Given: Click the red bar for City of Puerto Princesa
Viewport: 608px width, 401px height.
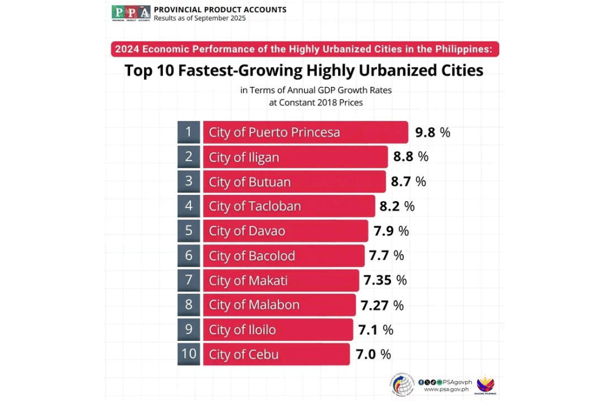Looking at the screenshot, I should (305, 132).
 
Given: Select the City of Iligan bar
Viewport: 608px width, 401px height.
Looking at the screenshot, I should (295, 157).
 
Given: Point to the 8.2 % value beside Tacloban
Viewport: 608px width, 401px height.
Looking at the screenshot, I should (397, 207).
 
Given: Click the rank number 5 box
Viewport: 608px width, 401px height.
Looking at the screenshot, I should (189, 231).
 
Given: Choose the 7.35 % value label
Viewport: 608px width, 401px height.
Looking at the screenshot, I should (385, 281).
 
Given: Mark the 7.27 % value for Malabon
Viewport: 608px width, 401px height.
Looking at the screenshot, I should (382, 305).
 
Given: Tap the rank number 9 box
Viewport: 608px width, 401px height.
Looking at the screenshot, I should (189, 330).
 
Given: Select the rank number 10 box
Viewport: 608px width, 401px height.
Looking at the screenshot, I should (189, 354).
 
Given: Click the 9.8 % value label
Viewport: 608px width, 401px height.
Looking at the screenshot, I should (432, 132).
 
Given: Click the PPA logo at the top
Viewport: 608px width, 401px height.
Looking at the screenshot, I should (131, 13).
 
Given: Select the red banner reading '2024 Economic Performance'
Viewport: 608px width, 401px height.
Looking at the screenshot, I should (305, 49).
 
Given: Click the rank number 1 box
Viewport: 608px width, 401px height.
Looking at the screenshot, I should (189, 132).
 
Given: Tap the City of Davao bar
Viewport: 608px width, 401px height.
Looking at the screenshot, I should (285, 231).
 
